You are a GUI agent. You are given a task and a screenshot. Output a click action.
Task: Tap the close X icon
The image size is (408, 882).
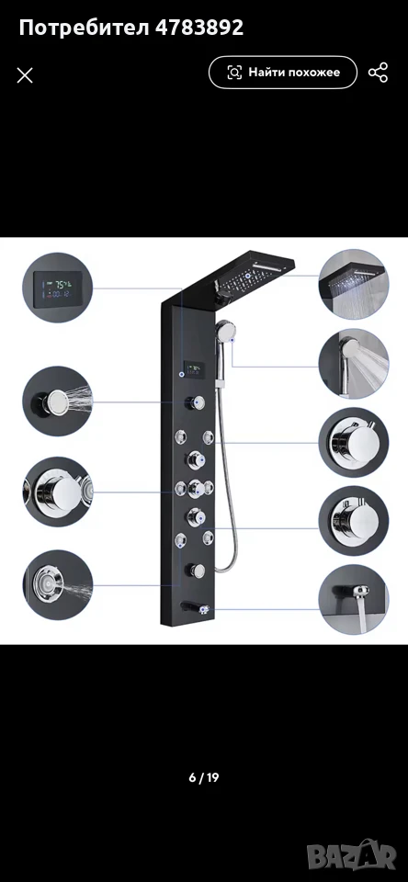pyautogui.click(x=25, y=75)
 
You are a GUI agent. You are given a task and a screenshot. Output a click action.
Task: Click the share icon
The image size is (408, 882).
pyautogui.click(x=379, y=73)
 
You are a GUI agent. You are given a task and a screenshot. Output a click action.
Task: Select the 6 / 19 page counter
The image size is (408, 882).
pyautogui.click(x=204, y=778)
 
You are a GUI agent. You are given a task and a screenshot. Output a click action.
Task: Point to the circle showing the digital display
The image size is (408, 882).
pyautogui.click(x=57, y=288)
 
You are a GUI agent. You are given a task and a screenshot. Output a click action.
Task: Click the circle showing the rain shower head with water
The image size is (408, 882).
pyautogui.click(x=354, y=285)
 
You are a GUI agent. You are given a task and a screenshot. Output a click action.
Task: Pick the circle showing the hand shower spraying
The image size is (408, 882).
pyautogui.click(x=354, y=364)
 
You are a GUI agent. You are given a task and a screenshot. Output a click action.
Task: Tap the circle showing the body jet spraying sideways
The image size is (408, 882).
pyautogui.click(x=57, y=401)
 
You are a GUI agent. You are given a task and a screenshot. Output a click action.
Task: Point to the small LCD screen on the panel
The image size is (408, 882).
pyautogui.click(x=196, y=369)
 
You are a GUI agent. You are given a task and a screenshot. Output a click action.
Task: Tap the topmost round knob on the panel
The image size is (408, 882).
pyautogui.click(x=196, y=402)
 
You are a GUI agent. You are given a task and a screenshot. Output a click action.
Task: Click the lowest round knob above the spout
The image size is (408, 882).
pyautogui.click(x=196, y=571)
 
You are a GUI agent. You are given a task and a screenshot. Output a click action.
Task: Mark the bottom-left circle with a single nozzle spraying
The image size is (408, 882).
pyautogui.click(x=57, y=585)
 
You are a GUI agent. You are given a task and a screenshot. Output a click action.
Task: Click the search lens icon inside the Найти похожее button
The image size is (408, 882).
pyautogui.click(x=234, y=73)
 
